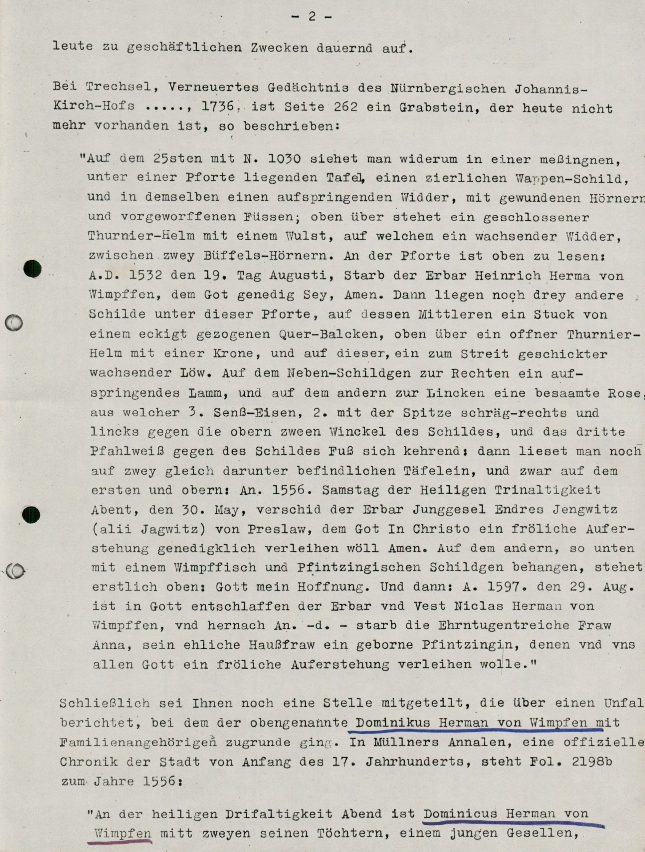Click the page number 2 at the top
click(312, 17)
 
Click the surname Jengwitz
click(585, 510)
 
